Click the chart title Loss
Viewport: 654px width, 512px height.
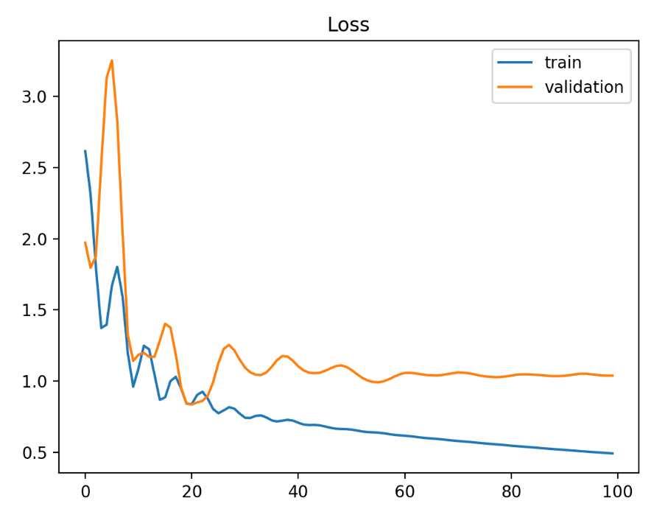coord(348,25)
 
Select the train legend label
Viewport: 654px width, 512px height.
coord(563,63)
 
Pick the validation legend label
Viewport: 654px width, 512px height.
coord(583,87)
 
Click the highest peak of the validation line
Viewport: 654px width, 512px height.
coord(111,60)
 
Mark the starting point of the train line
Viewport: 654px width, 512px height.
coord(85,151)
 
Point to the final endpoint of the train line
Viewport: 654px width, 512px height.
coord(613,453)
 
